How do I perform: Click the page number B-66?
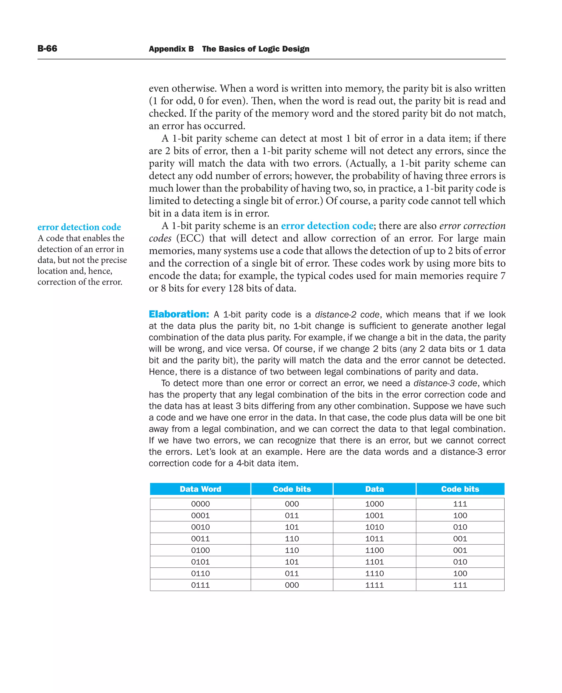click(47, 49)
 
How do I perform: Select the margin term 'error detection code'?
click(79, 227)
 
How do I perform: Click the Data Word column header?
click(200, 489)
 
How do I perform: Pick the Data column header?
click(374, 489)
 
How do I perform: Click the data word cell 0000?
click(200, 504)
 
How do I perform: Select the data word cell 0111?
click(200, 585)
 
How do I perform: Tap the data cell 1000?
click(374, 504)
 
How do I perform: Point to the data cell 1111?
click(374, 585)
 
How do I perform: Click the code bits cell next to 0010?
click(292, 527)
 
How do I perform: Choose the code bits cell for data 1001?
click(460, 515)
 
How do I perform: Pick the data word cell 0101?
click(200, 562)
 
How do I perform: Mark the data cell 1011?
click(374, 539)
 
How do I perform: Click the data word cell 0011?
click(200, 539)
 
